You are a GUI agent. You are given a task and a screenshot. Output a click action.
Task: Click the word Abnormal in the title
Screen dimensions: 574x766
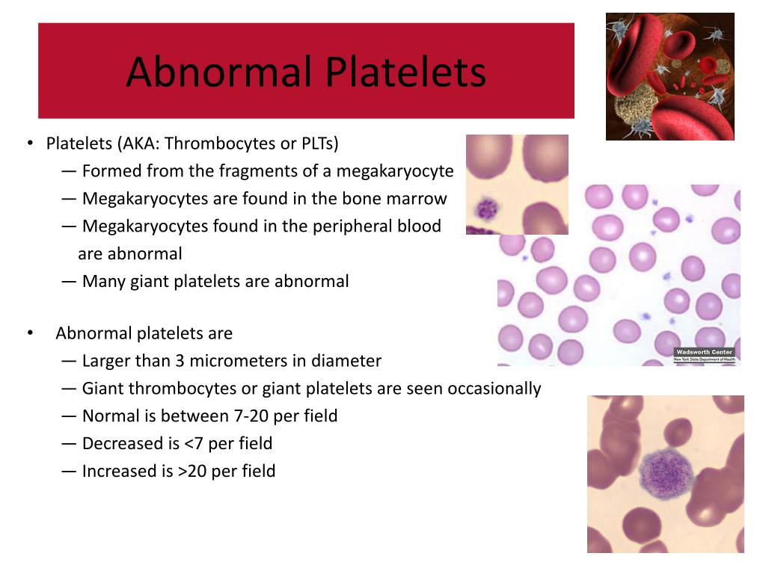219,72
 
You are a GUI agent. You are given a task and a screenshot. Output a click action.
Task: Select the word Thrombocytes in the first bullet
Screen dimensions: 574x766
218,143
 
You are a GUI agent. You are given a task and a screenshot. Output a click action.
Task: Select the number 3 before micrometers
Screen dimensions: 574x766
180,361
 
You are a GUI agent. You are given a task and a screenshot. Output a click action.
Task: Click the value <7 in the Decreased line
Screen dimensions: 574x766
194,444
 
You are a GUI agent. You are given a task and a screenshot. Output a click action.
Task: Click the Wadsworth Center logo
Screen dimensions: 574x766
704,355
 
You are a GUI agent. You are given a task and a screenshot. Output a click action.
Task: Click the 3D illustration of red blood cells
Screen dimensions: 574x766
670,76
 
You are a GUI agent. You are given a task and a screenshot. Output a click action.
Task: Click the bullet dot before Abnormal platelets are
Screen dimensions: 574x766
30,333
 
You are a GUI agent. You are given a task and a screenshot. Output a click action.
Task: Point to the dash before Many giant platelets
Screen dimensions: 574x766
69,282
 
